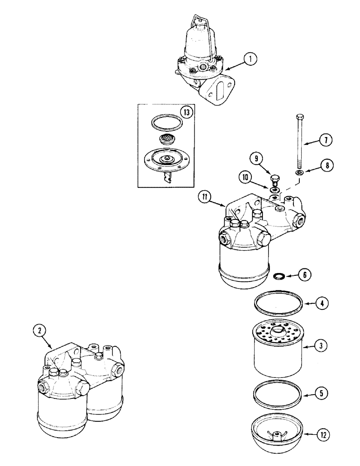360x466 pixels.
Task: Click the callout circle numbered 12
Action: click(x=322, y=436)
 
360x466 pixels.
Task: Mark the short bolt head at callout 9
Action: click(x=275, y=179)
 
